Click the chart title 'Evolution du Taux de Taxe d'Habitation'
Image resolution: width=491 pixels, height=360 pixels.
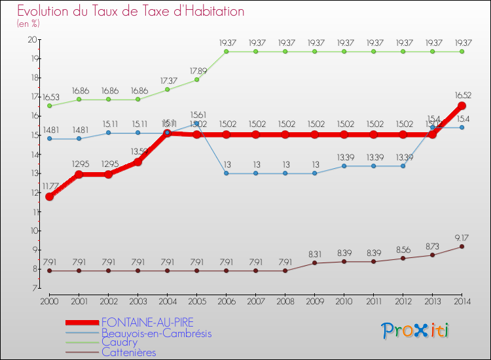(x=130, y=11)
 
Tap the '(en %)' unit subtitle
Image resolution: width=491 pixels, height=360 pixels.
(x=28, y=24)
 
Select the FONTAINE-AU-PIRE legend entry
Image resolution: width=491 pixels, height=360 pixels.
(x=147, y=322)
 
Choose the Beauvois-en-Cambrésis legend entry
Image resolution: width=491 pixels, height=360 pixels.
(x=156, y=333)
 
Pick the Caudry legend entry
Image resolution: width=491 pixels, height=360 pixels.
(x=119, y=342)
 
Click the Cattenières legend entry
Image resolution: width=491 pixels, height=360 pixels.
(x=129, y=351)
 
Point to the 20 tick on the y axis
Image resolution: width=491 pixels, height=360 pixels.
(x=31, y=40)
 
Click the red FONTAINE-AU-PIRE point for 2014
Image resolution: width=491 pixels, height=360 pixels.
(x=462, y=106)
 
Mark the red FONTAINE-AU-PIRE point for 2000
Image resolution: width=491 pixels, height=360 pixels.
(x=49, y=196)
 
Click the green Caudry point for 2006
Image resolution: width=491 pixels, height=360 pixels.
(x=226, y=51)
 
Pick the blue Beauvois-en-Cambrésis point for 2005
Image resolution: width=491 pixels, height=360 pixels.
(x=196, y=123)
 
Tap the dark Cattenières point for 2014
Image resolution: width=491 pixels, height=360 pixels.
(x=462, y=246)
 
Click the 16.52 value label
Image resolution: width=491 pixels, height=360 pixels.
(x=463, y=95)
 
